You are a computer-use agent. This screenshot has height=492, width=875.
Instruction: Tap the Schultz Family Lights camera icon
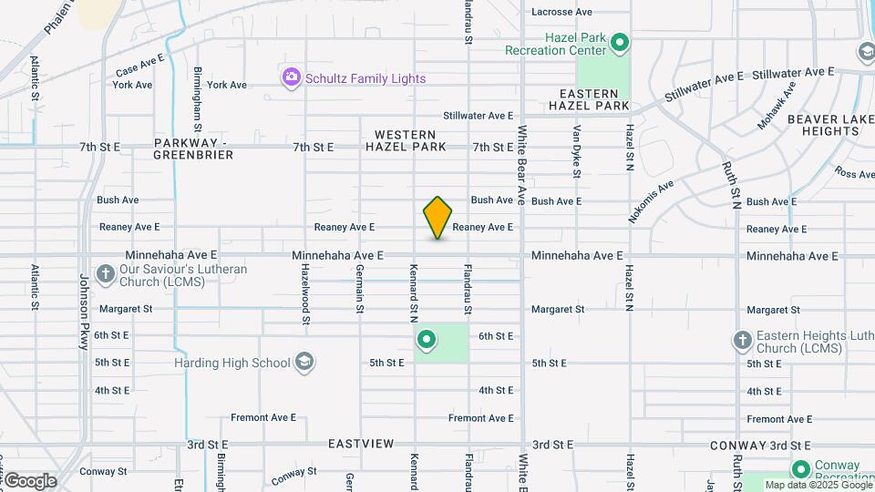pyautogui.click(x=292, y=78)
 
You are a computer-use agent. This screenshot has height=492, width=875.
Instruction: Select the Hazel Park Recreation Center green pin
pyautogui.click(x=620, y=42)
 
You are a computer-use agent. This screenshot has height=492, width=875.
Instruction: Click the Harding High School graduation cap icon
pyautogui.click(x=304, y=363)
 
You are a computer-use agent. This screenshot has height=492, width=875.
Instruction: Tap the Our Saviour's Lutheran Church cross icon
pyautogui.click(x=106, y=273)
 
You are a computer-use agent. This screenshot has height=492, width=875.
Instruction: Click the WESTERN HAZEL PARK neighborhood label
pyautogui.click(x=406, y=140)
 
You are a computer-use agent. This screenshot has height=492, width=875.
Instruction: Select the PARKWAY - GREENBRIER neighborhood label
pyautogui.click(x=193, y=149)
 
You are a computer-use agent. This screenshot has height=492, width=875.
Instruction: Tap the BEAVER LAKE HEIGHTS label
pyautogui.click(x=823, y=125)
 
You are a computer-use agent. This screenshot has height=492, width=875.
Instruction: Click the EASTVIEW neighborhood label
pyautogui.click(x=362, y=444)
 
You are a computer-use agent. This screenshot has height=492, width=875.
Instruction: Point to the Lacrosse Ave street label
pyautogui.click(x=561, y=12)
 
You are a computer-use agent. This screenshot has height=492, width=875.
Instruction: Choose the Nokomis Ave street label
pyautogui.click(x=650, y=200)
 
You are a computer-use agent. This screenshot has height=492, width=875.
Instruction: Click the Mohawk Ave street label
pyautogui.click(x=777, y=105)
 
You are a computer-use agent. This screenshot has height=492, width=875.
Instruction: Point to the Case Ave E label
pyautogui.click(x=139, y=65)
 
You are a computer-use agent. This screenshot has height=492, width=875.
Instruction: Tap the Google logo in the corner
pyautogui.click(x=30, y=481)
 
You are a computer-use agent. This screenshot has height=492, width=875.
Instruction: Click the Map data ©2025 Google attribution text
pyautogui.click(x=818, y=485)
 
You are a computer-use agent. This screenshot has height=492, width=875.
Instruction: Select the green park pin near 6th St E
pyautogui.click(x=427, y=342)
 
